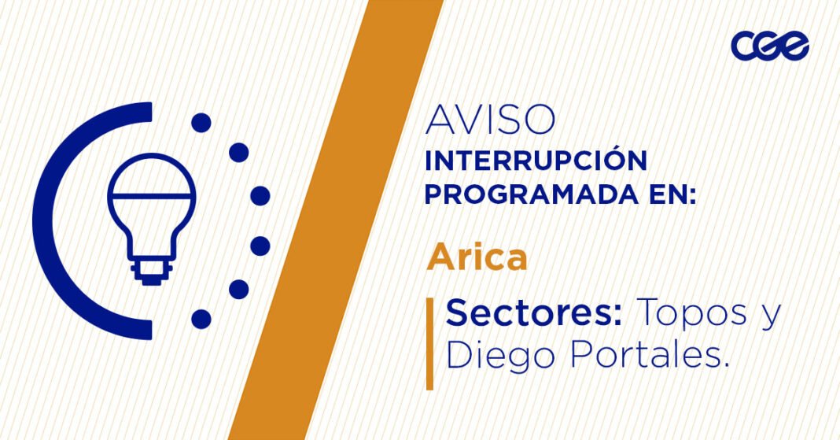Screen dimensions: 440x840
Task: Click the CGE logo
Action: coord(769,45)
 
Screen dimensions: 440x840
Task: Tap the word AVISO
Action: coord(490,120)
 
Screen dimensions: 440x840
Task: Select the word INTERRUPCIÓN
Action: coord(536,161)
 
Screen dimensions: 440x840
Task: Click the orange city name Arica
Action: coord(477,258)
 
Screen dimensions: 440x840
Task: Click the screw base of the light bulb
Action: coord(150,268)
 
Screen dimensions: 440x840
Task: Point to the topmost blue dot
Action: coord(201,123)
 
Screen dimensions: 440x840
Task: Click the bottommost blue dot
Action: coord(201,319)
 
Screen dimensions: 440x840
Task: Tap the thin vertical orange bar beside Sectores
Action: coord(429,344)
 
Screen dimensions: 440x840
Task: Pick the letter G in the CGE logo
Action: coord(769,46)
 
